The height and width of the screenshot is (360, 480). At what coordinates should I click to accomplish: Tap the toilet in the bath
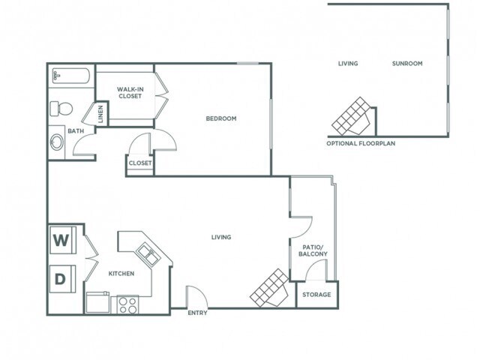pos(60,108)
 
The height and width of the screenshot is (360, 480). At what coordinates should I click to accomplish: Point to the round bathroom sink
pos(57,142)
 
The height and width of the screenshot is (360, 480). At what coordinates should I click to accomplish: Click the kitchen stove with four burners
pos(127,305)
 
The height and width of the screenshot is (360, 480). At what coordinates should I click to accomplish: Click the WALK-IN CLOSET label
pos(130,93)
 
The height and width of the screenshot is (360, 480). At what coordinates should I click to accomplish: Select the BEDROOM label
pos(221,118)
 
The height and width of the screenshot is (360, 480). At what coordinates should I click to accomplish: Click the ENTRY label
pos(197,313)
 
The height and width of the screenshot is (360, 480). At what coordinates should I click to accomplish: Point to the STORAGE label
pos(316,295)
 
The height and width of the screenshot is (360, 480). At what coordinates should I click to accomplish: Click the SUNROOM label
pos(407,64)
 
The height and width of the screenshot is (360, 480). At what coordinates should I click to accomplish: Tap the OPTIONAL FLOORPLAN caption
pos(361,142)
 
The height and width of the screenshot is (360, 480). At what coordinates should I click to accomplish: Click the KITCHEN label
pos(121,274)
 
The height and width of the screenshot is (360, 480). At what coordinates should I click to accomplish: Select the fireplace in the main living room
pos(270,287)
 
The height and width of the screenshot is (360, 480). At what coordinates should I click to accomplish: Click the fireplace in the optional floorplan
pos(352,114)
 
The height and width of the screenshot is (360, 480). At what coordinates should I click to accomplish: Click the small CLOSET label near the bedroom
pos(140,163)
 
